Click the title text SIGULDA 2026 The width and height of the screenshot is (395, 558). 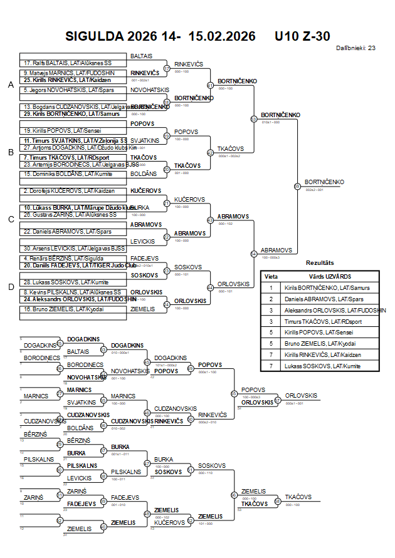[103, 36]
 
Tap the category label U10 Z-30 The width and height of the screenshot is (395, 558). [302, 36]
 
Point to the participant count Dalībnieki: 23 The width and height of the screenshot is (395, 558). [355, 48]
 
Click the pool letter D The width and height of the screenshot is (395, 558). [10, 287]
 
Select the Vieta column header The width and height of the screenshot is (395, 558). [271, 276]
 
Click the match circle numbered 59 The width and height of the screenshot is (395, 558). [297, 186]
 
